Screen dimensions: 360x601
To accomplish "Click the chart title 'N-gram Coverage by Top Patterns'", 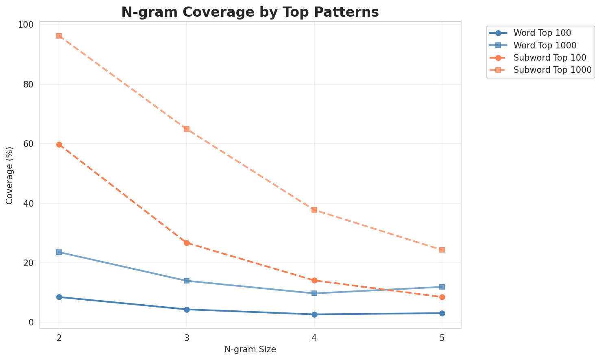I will click(250, 12).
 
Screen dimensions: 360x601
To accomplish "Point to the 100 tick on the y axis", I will click(27, 25).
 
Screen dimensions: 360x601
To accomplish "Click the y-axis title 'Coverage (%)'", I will click(9, 175).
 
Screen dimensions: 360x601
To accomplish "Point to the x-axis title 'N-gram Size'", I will click(250, 349).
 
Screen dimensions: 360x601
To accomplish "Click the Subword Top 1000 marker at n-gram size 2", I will click(59, 36).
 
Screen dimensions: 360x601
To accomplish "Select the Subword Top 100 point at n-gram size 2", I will click(59, 144).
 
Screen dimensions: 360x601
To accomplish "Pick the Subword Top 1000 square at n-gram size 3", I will click(187, 129).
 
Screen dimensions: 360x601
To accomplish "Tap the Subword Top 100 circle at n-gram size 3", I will click(187, 243).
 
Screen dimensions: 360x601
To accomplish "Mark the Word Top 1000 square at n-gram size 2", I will click(59, 252).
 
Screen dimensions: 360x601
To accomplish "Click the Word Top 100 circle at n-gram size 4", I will click(314, 314).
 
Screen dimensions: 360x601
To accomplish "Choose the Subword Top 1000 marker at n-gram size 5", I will click(442, 250).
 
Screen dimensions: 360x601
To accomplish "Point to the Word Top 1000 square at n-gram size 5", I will click(442, 287).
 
